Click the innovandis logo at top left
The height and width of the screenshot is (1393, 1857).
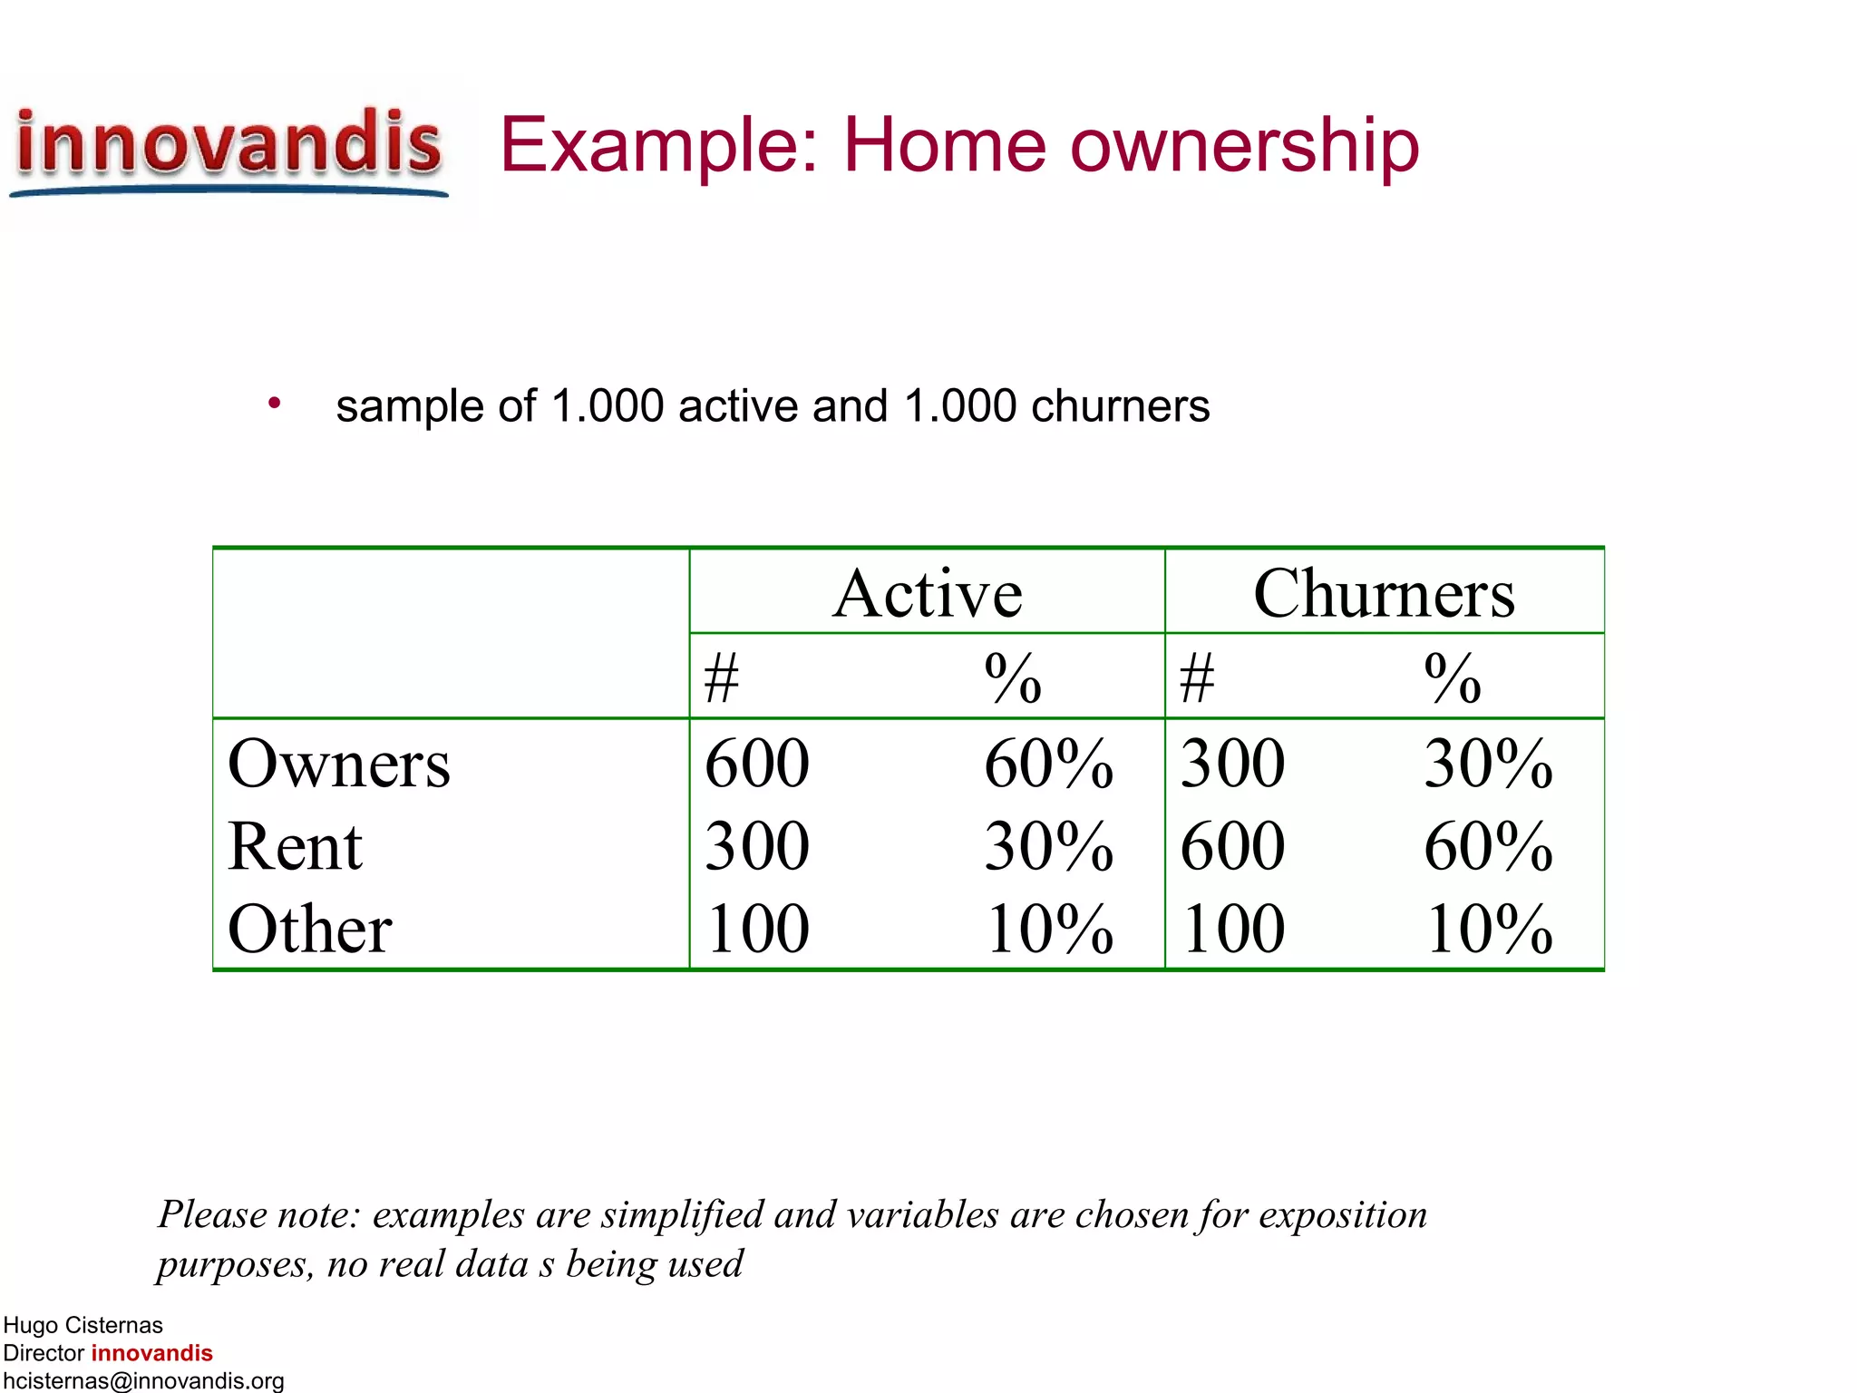click(228, 147)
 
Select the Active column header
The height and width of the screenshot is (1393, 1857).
click(928, 594)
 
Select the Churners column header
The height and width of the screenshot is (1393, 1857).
click(1384, 594)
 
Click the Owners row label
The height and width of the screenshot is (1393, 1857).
click(338, 764)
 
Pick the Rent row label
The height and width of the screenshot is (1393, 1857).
click(295, 846)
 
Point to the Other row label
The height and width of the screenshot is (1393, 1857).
click(309, 930)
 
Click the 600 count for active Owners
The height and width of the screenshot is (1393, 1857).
click(757, 764)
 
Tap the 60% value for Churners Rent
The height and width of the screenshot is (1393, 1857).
click(1488, 846)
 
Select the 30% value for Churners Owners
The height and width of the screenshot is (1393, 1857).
click(1488, 764)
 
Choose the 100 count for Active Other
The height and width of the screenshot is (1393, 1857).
click(757, 930)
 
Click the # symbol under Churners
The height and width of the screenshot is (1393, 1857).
click(1197, 678)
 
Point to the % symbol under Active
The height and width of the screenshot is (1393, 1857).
click(1013, 678)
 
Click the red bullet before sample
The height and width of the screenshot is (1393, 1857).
click(274, 403)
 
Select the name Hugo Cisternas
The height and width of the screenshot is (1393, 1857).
click(83, 1325)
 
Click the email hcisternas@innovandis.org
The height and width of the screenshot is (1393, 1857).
click(143, 1380)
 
